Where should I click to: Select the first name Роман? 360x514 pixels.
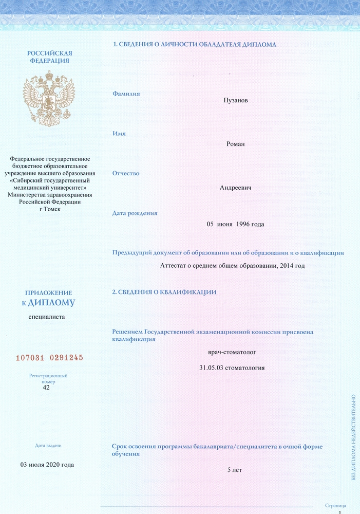[x=235, y=143]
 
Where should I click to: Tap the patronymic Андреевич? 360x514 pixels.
[x=235, y=188]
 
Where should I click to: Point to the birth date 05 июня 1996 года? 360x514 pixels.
[x=235, y=224]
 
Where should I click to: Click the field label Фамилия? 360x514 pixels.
[x=126, y=94]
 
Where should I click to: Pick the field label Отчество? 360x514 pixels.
[x=126, y=173]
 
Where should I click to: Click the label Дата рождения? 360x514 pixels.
[x=135, y=213]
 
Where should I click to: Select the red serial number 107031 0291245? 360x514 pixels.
[x=49, y=357]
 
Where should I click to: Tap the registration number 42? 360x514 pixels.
[x=47, y=388]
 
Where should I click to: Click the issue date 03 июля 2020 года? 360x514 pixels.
[x=47, y=465]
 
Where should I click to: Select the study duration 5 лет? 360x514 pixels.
[x=234, y=470]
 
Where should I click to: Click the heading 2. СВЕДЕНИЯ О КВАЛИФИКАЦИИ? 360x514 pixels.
[x=164, y=292]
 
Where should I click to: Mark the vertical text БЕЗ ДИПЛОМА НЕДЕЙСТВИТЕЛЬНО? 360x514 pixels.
[x=353, y=437]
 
